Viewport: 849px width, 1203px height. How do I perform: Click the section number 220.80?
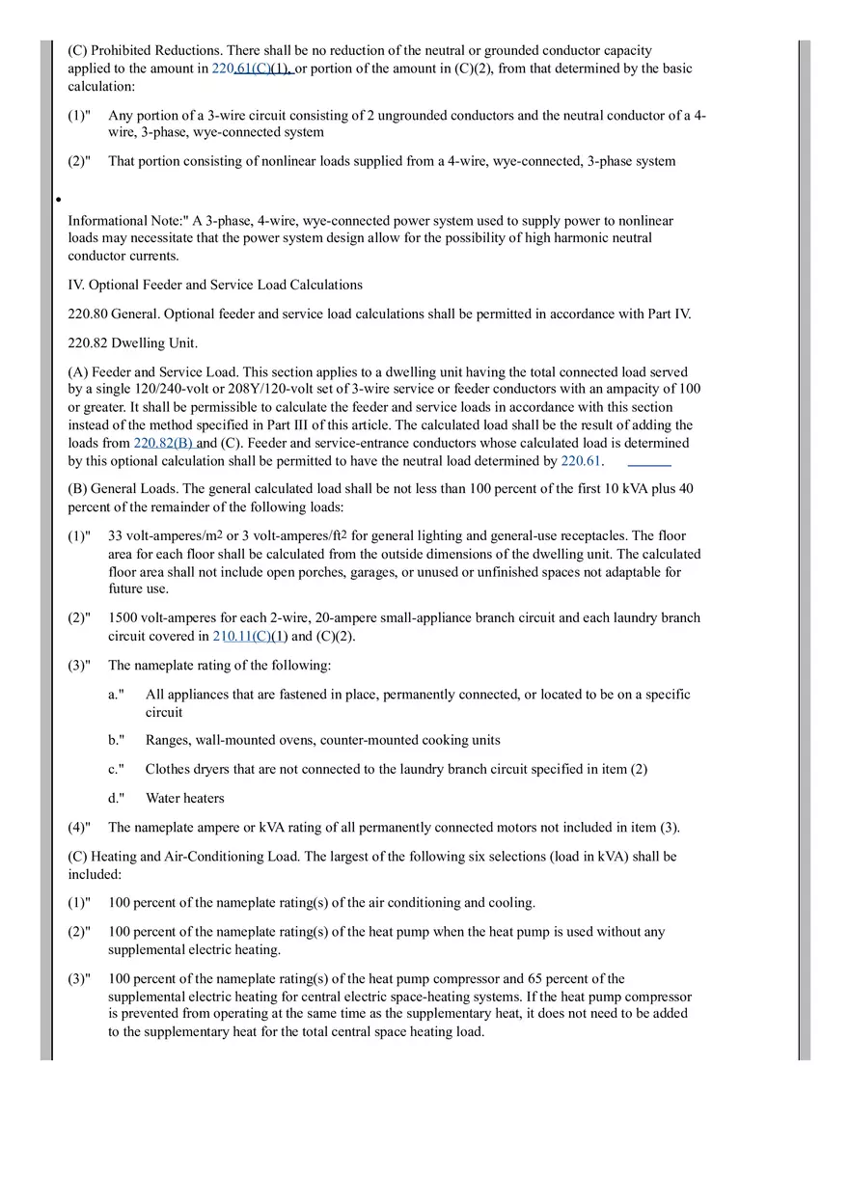(x=88, y=314)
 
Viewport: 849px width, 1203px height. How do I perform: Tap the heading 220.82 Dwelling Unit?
(x=132, y=342)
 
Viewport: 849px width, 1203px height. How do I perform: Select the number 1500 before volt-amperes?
(x=123, y=617)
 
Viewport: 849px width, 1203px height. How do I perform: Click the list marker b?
(x=115, y=741)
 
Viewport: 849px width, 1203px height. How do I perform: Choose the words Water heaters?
(x=184, y=799)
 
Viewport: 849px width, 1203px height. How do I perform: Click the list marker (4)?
(x=78, y=828)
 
